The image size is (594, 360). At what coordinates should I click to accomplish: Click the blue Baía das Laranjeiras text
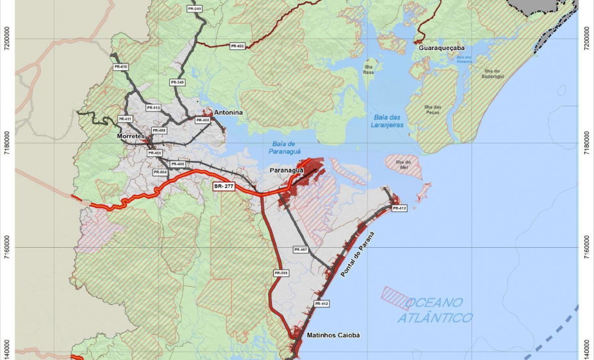(389, 120)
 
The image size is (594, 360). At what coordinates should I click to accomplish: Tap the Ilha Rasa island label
(369, 69)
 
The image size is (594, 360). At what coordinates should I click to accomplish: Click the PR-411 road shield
(125, 119)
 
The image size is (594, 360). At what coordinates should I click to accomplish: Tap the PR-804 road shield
(160, 172)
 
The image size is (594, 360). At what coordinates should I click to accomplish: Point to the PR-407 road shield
(300, 249)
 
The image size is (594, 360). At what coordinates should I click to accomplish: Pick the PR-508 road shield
(281, 273)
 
